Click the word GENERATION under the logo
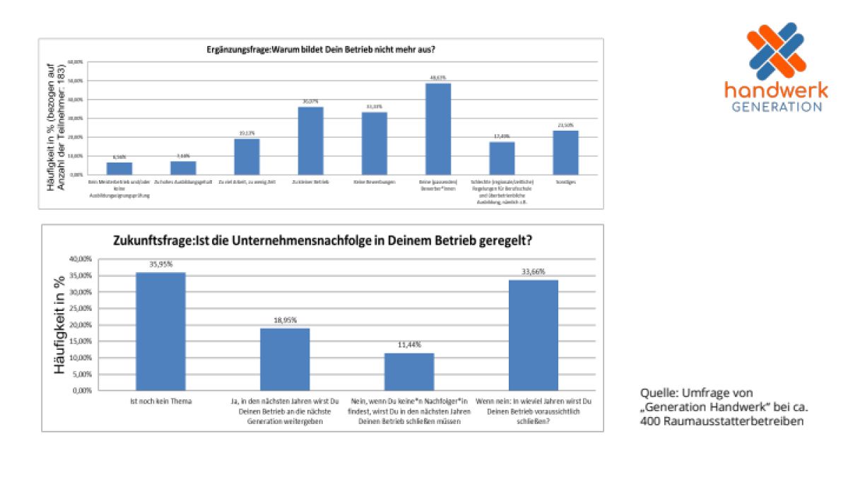coord(777,107)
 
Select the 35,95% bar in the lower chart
coord(160,331)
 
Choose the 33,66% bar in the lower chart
coord(534,335)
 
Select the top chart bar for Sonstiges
coord(565,152)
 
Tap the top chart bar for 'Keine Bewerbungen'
coord(375,143)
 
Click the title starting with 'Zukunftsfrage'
coord(322,240)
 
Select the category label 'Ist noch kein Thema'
coord(160,401)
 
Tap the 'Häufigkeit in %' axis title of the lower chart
coord(61,324)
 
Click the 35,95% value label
coord(161,265)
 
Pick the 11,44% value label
coord(409,345)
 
